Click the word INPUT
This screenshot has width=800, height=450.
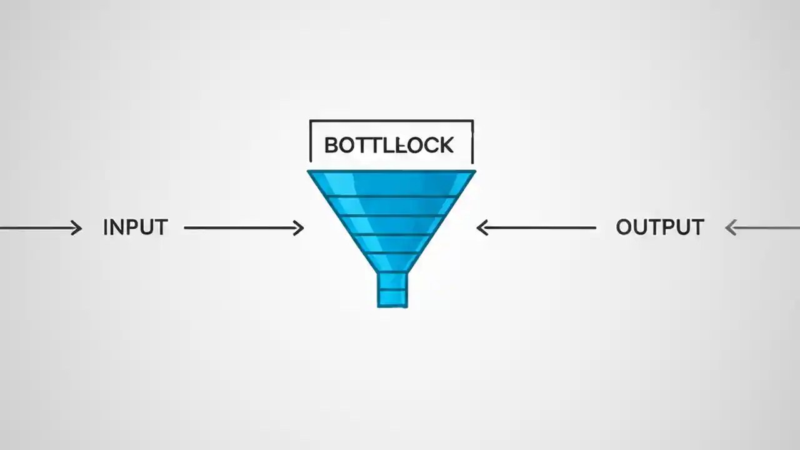(x=135, y=227)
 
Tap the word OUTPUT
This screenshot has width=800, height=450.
(x=659, y=227)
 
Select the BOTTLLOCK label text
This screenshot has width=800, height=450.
(x=389, y=146)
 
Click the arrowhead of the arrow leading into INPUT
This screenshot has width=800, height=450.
(x=77, y=228)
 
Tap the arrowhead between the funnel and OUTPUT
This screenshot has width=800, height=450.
(x=482, y=228)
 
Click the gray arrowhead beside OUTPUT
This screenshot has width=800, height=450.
(x=730, y=228)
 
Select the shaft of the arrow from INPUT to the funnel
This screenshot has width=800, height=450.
(x=241, y=228)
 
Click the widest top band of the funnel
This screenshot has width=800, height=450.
(x=391, y=184)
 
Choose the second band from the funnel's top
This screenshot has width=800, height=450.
(x=391, y=206)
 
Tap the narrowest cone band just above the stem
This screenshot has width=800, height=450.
(x=392, y=262)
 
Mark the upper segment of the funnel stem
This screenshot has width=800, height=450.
(x=392, y=280)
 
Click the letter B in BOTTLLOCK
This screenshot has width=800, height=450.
(x=331, y=146)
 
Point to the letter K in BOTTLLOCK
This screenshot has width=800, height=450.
(x=445, y=146)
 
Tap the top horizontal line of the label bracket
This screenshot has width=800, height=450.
(x=391, y=121)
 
